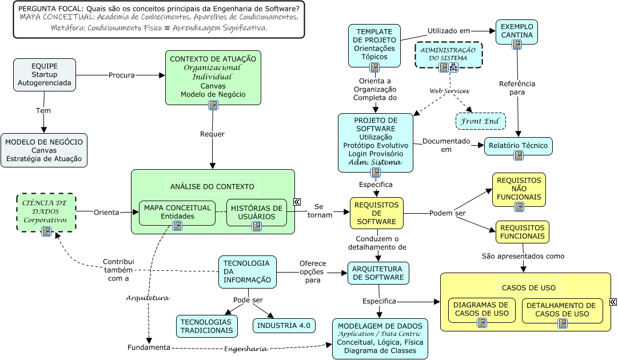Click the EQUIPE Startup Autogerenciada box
coord(44,75)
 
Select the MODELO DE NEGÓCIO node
coord(44,150)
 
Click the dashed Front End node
coord(480,121)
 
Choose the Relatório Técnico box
coord(518,146)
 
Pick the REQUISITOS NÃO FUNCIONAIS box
coord(519,189)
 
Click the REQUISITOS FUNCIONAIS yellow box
coord(522,231)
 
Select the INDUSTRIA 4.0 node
coord(284,326)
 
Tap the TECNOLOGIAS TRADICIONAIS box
coord(207,326)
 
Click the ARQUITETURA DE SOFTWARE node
coord(378,273)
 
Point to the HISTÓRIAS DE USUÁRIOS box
coord(256,212)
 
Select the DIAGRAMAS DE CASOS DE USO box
coord(481,310)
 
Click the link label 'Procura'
coord(122,75)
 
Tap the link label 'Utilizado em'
coord(449,31)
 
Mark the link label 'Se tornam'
coord(319,211)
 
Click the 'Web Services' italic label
coord(449,91)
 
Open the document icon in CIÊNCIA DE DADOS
coord(46,231)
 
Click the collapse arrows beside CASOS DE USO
coord(613,302)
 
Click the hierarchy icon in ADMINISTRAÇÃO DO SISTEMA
coord(453,68)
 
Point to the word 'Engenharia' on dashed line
coord(245,349)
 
